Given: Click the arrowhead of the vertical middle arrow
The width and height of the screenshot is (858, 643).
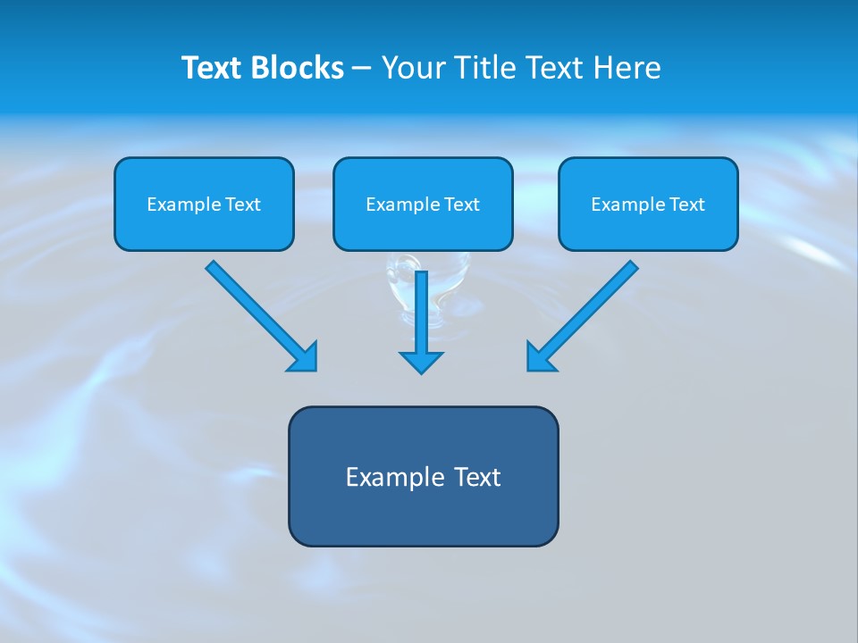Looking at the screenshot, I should coord(421,362).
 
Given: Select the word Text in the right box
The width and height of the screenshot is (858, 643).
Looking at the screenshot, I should coord(687,205).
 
